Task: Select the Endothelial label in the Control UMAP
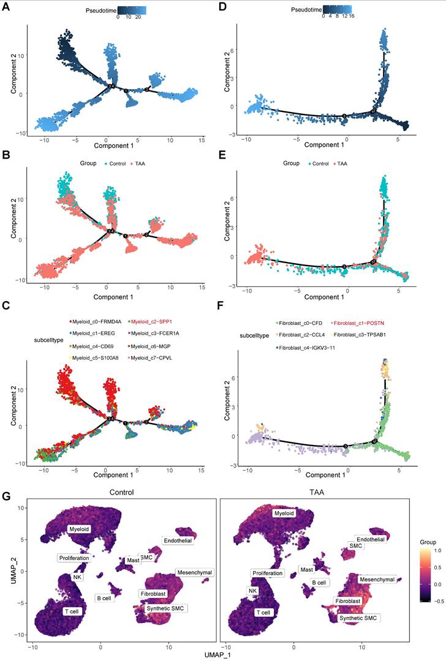click(177, 540)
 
